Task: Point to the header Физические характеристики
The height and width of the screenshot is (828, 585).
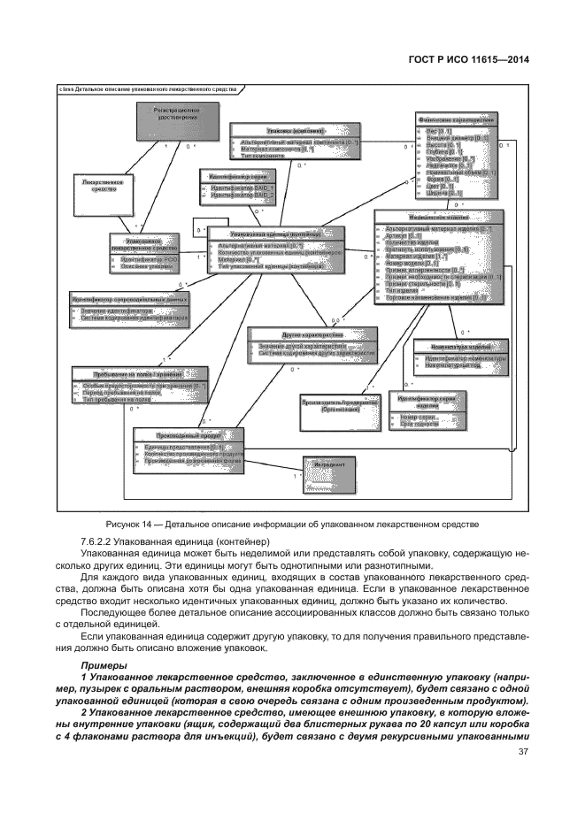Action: (456, 119)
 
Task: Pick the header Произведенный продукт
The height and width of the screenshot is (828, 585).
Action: (187, 434)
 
